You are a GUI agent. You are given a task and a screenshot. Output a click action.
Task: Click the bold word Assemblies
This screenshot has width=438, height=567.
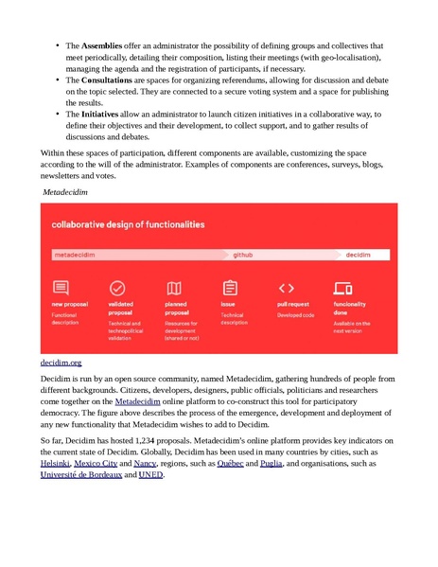click(x=102, y=45)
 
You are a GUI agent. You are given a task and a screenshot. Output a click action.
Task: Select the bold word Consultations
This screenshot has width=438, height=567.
click(x=107, y=80)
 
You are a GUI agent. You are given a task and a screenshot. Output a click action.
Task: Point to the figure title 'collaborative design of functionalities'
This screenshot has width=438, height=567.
click(x=128, y=225)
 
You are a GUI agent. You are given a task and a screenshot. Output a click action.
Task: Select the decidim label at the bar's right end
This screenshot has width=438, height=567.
click(x=357, y=256)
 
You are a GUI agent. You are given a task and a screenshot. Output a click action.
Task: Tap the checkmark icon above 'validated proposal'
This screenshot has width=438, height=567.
click(x=117, y=287)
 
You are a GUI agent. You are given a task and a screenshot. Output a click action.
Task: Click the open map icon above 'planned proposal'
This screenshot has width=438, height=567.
click(x=174, y=288)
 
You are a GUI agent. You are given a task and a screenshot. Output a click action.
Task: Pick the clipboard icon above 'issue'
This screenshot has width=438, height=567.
click(x=229, y=288)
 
